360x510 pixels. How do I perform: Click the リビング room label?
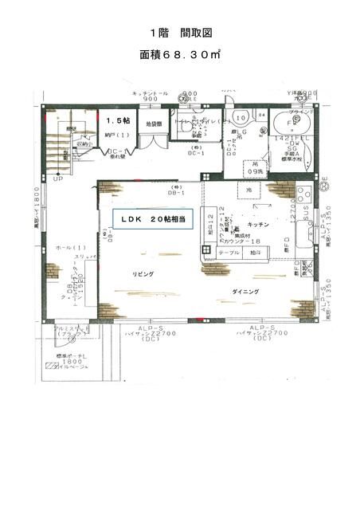[143, 273]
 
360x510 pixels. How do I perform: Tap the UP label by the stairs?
[57, 178]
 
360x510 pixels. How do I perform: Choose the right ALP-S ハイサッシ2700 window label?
[262, 332]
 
